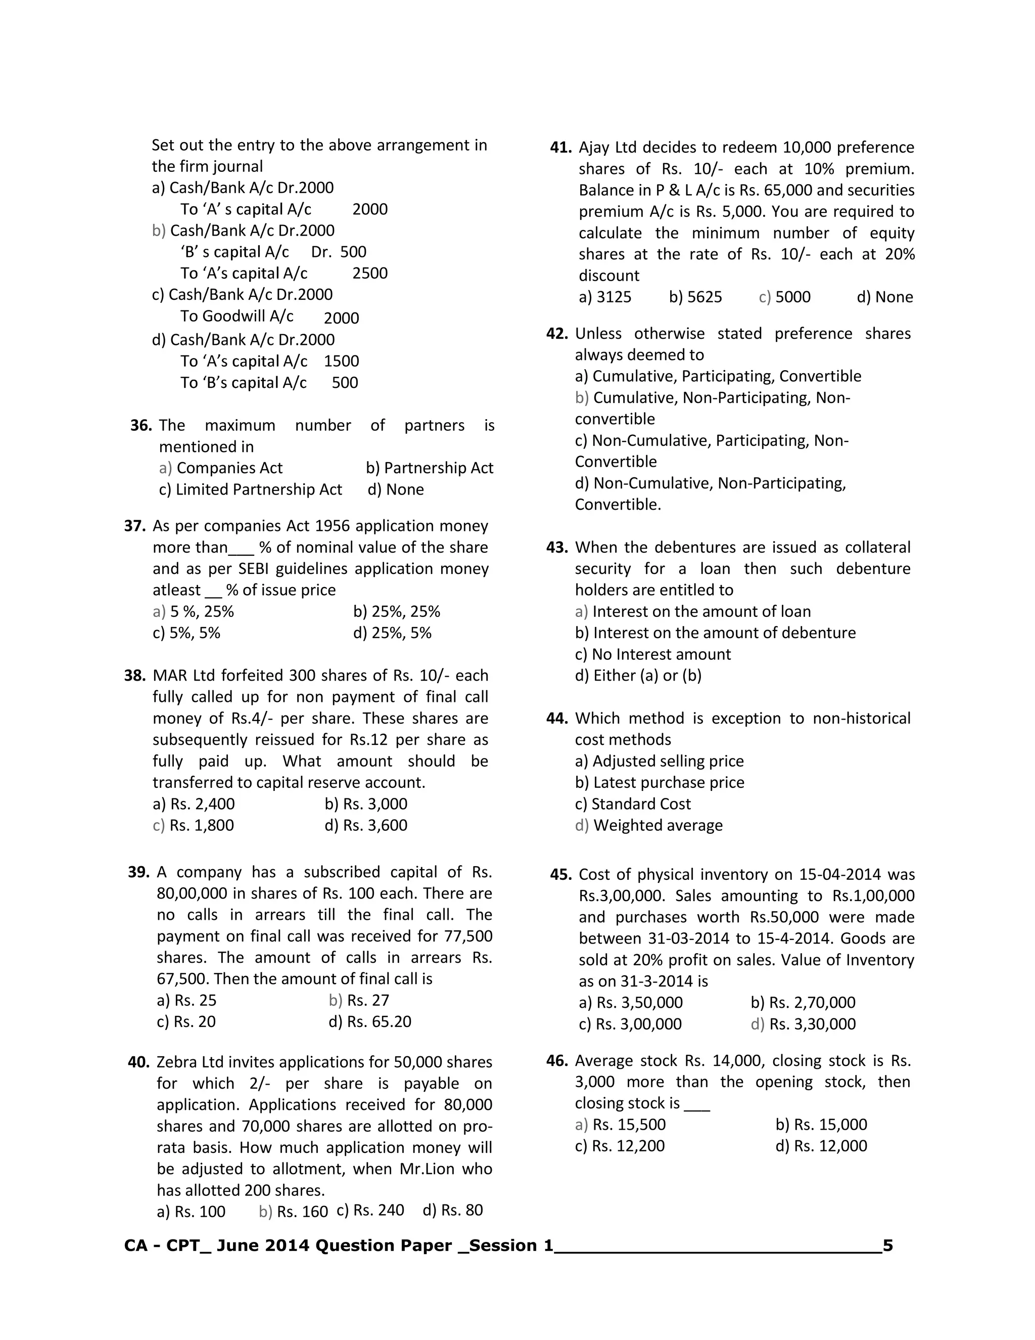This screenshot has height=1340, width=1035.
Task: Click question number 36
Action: tap(140, 425)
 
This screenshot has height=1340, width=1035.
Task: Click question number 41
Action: tap(560, 147)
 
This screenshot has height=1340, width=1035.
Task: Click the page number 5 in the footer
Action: tap(887, 1245)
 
